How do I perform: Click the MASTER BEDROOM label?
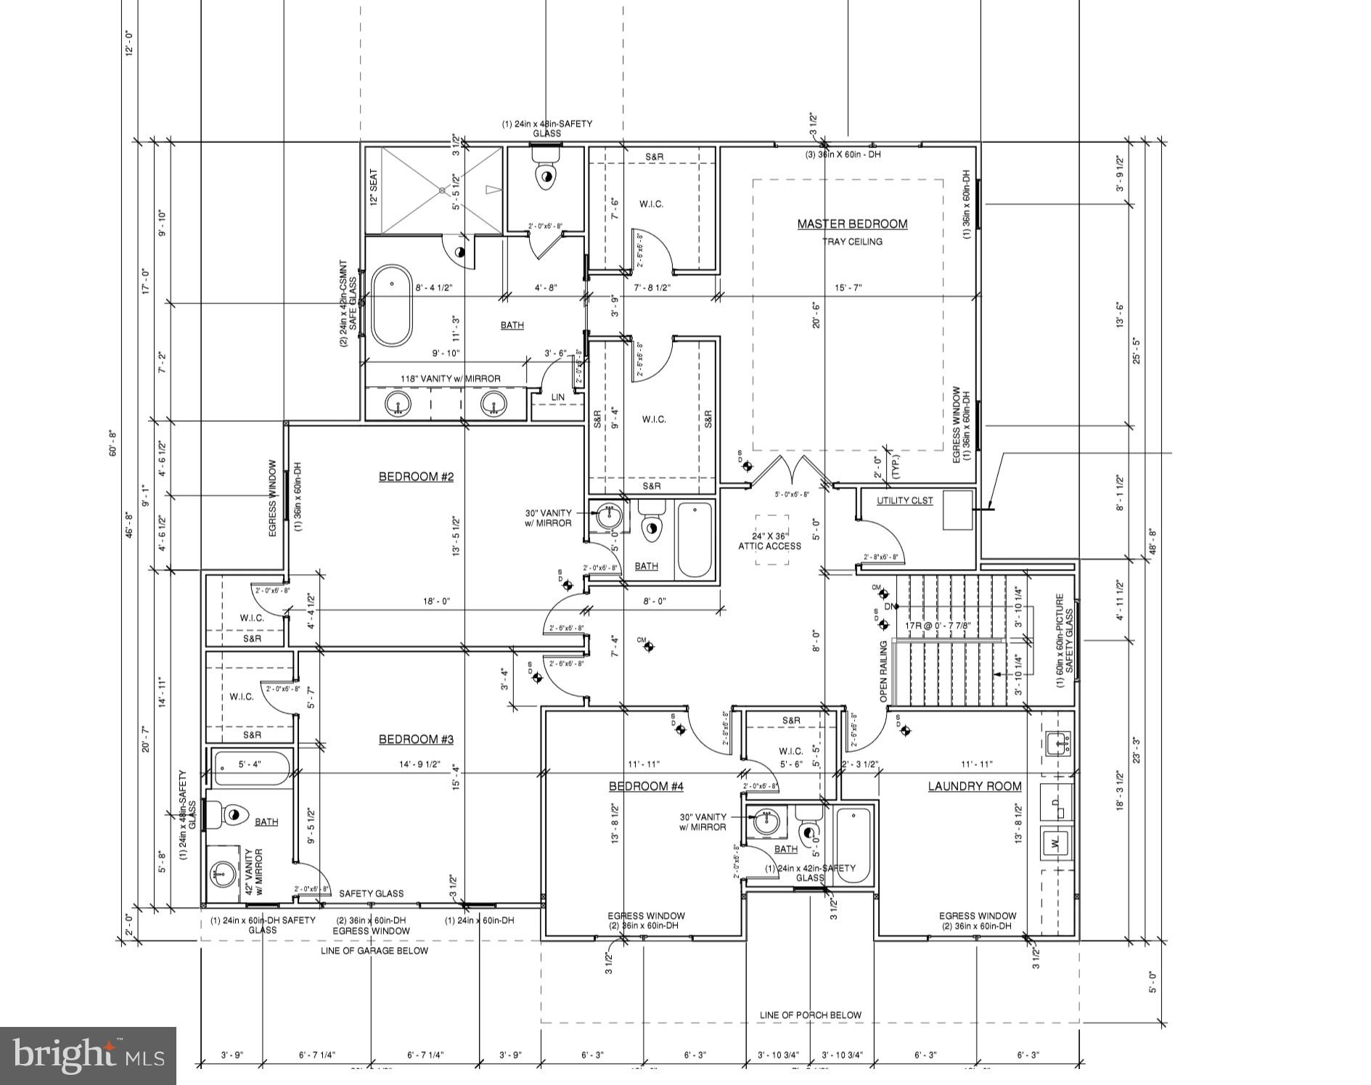pyautogui.click(x=852, y=224)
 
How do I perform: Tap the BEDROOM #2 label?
pyautogui.click(x=416, y=477)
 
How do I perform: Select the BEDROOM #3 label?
pyautogui.click(x=416, y=740)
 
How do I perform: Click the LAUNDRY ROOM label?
pyautogui.click(x=974, y=787)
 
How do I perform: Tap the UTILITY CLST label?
pyautogui.click(x=904, y=501)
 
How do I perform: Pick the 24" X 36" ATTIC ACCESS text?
pyautogui.click(x=769, y=541)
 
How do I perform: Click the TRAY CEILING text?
pyautogui.click(x=852, y=242)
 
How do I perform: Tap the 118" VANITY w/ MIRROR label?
pyautogui.click(x=451, y=379)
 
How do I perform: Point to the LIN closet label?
pyautogui.click(x=557, y=398)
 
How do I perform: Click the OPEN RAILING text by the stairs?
pyautogui.click(x=884, y=671)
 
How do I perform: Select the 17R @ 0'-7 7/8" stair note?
pyautogui.click(x=938, y=626)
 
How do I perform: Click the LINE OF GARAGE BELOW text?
pyautogui.click(x=375, y=951)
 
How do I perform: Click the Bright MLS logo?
pyautogui.click(x=88, y=1055)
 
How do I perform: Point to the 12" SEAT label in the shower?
pyautogui.click(x=374, y=188)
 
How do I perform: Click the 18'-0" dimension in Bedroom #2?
pyautogui.click(x=436, y=601)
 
